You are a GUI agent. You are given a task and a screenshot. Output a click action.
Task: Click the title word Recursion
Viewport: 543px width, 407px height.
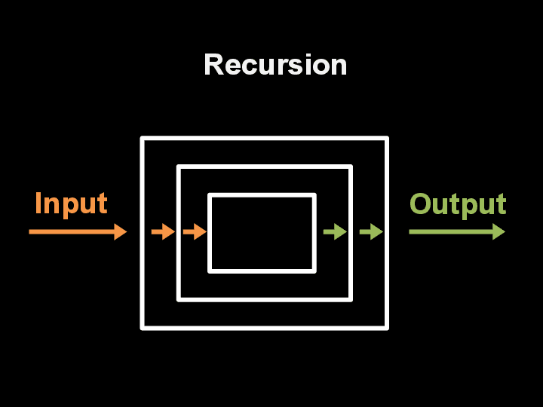click(275, 65)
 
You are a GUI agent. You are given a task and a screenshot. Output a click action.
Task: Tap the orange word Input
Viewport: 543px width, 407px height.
click(71, 203)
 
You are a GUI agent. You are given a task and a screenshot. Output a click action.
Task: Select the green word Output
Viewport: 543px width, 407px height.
click(457, 204)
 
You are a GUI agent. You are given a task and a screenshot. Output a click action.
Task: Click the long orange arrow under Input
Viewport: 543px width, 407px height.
click(75, 231)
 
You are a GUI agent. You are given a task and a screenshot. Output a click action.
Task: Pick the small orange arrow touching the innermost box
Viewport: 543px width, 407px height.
click(195, 231)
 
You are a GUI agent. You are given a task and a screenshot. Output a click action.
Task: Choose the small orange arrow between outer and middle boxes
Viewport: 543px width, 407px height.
click(163, 231)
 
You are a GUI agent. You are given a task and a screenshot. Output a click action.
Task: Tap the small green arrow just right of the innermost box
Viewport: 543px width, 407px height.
click(335, 231)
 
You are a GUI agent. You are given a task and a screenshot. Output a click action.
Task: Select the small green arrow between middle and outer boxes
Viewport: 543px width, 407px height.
click(371, 231)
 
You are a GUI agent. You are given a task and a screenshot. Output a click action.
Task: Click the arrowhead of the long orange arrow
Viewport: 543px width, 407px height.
click(121, 231)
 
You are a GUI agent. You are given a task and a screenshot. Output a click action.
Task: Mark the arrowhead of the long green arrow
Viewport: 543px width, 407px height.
click(499, 231)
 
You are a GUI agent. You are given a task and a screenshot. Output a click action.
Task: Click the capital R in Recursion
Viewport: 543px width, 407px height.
click(213, 65)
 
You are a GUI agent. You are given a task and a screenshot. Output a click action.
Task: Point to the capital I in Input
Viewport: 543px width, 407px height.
click(38, 203)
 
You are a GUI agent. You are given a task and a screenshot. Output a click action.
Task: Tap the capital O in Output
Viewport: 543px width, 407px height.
click(421, 204)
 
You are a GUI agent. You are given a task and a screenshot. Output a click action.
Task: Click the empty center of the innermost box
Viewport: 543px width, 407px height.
click(262, 233)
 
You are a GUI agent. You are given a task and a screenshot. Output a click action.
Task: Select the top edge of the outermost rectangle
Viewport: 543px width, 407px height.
click(264, 139)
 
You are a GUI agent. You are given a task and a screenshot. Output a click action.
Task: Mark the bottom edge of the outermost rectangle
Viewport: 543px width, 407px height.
click(264, 327)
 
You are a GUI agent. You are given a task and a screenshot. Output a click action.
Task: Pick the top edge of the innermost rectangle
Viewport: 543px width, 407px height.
click(262, 195)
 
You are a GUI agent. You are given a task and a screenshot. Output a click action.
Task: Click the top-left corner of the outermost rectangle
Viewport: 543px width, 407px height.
click(143, 139)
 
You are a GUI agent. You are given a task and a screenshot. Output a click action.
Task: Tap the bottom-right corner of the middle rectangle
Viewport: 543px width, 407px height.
click(351, 298)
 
